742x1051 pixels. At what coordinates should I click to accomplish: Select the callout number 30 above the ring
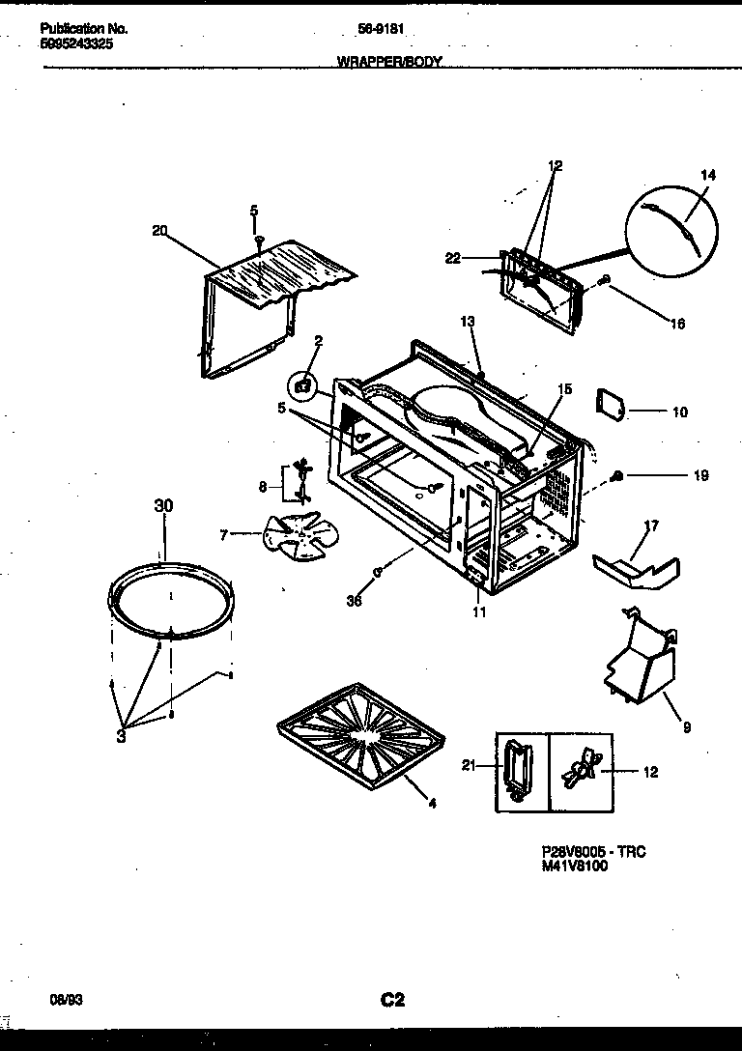(x=164, y=506)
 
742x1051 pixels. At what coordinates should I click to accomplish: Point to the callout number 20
(x=160, y=230)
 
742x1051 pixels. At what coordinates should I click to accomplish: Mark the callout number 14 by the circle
(x=708, y=175)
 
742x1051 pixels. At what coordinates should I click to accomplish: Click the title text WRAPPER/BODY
(x=389, y=61)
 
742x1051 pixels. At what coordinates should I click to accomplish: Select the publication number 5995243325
(x=81, y=43)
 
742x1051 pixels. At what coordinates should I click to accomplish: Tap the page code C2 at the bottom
(x=391, y=1000)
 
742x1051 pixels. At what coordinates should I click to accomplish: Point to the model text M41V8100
(x=576, y=866)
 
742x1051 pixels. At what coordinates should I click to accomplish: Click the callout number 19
(x=700, y=475)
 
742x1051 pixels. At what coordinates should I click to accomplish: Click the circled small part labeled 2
(x=304, y=385)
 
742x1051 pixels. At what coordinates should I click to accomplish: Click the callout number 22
(x=453, y=257)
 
